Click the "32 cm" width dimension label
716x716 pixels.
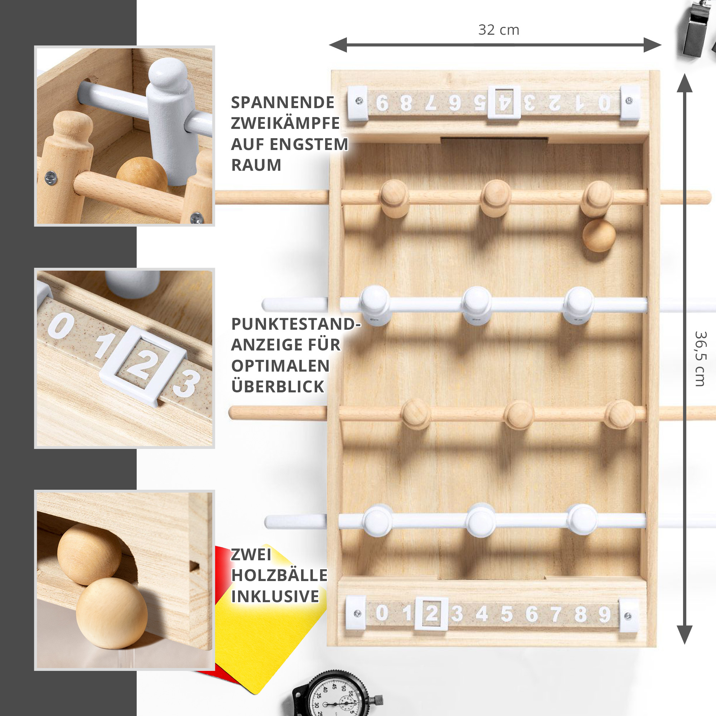[x=499, y=30]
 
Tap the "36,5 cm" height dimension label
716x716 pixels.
[x=701, y=359]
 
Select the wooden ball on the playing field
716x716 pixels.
[x=599, y=236]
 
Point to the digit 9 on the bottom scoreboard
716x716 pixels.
[x=604, y=614]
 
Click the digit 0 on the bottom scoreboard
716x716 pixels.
[x=382, y=613]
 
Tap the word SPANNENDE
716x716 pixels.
[x=283, y=103]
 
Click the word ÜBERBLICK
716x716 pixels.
[x=277, y=387]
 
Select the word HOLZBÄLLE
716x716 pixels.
[x=280, y=575]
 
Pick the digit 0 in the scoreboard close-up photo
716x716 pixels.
[x=61, y=325]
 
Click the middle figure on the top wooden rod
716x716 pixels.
[x=496, y=198]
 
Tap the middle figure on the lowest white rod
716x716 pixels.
[x=481, y=521]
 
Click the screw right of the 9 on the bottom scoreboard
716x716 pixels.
[x=628, y=616]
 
